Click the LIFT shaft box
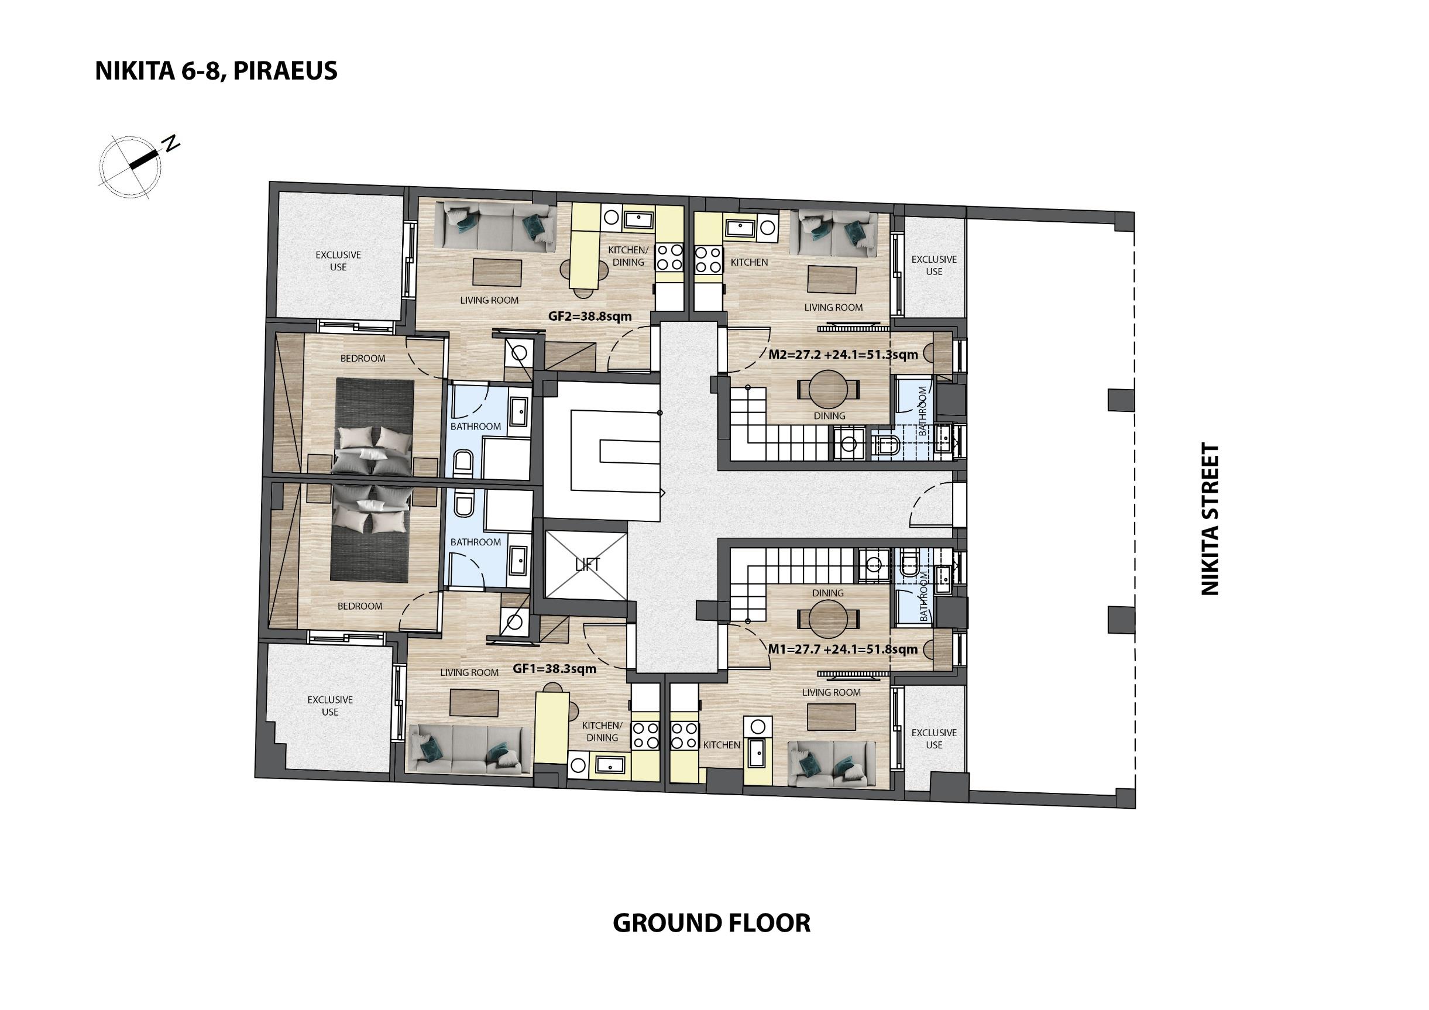(x=586, y=565)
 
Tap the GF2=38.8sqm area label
(x=589, y=316)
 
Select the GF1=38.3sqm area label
(x=555, y=669)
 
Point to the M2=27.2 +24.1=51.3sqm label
(x=843, y=355)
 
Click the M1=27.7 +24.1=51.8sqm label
(x=843, y=650)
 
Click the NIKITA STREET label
(x=1210, y=519)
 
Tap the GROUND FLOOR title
(x=712, y=923)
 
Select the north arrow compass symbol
(x=138, y=164)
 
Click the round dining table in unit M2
(x=829, y=390)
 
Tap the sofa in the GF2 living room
(x=500, y=227)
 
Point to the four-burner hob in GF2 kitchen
(x=669, y=257)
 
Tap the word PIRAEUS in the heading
(x=286, y=70)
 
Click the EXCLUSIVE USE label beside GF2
(x=338, y=261)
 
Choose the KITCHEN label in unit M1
(x=722, y=745)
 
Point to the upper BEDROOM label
(x=363, y=359)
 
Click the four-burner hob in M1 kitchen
(x=685, y=735)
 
